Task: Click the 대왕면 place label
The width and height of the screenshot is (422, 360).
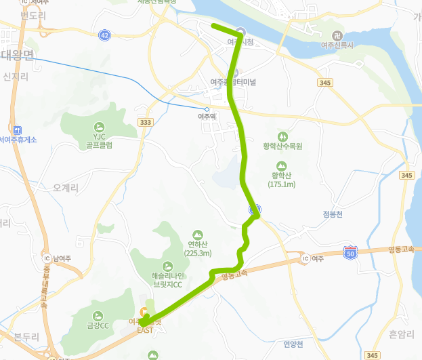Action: tap(17, 55)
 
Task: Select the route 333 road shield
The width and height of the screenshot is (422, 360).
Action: tap(144, 122)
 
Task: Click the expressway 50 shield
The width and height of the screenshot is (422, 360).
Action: tap(350, 252)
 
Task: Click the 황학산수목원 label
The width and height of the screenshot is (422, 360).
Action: tap(282, 146)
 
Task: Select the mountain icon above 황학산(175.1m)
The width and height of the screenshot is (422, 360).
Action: tap(280, 165)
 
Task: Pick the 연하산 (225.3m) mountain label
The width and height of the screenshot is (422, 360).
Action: tap(198, 248)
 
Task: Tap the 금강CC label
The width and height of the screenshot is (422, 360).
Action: tap(98, 325)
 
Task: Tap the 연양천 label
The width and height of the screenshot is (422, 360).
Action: tap(295, 344)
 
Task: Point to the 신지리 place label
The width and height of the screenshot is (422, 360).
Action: tap(15, 77)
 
